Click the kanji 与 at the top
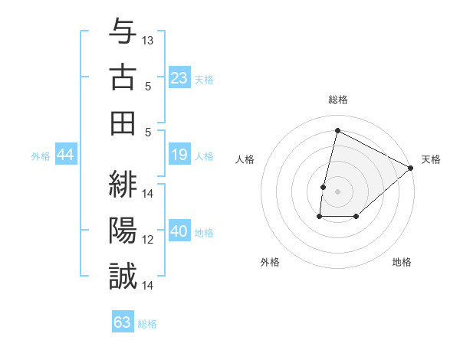(x=123, y=33)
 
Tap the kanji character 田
(x=123, y=123)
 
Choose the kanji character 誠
(x=123, y=276)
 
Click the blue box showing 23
(x=179, y=77)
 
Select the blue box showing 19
(x=179, y=155)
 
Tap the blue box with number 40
(x=179, y=232)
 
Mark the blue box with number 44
(x=66, y=155)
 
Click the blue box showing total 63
(x=123, y=322)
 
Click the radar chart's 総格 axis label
(x=337, y=100)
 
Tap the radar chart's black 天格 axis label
(x=431, y=159)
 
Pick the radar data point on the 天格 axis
(x=411, y=168)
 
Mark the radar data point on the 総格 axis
(x=337, y=130)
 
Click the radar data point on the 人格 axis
(x=324, y=187)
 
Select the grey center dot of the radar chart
(x=337, y=191)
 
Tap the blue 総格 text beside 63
(x=148, y=323)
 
